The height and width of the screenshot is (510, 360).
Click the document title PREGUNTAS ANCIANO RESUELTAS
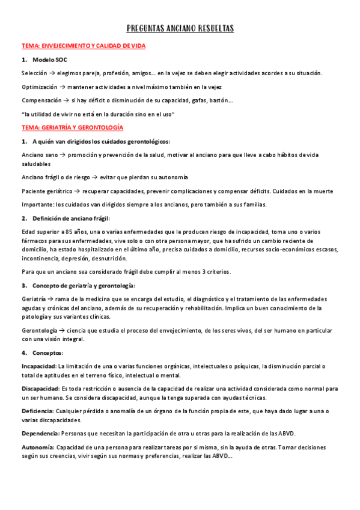pyautogui.click(x=180, y=28)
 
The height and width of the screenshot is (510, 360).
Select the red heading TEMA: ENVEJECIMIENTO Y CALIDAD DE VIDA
pyautogui.click(x=84, y=46)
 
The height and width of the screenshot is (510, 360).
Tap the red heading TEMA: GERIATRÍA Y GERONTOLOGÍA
pyautogui.click(x=72, y=127)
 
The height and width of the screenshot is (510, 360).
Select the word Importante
pyautogui.click(x=38, y=204)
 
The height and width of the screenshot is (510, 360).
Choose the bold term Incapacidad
pyautogui.click(x=38, y=366)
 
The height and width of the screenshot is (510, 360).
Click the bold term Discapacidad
pyautogui.click(x=40, y=389)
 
